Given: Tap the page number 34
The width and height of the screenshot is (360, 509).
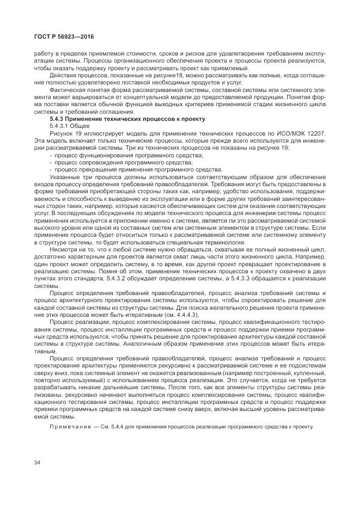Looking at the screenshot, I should (x=38, y=462).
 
